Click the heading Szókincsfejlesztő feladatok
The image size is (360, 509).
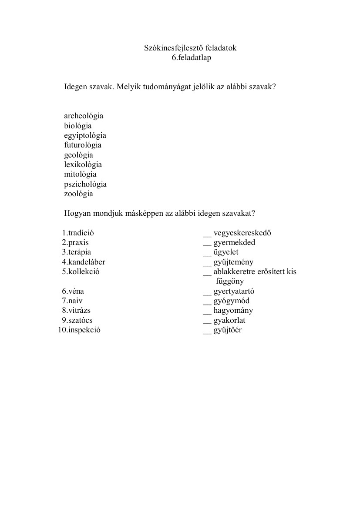(190, 48)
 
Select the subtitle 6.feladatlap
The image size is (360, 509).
(191, 58)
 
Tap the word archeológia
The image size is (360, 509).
(84, 116)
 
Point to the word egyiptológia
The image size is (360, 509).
(85, 136)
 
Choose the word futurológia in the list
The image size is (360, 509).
(83, 145)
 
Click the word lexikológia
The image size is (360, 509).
(83, 165)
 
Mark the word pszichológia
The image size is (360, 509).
(85, 184)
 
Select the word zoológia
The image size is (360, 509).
(78, 194)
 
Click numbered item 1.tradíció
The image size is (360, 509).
(78, 233)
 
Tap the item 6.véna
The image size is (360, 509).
(73, 291)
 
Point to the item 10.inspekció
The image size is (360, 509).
(79, 330)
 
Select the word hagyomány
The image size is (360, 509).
(233, 311)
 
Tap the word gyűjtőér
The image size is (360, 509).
(227, 330)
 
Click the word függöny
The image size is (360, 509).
(230, 281)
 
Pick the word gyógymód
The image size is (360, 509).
(231, 301)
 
